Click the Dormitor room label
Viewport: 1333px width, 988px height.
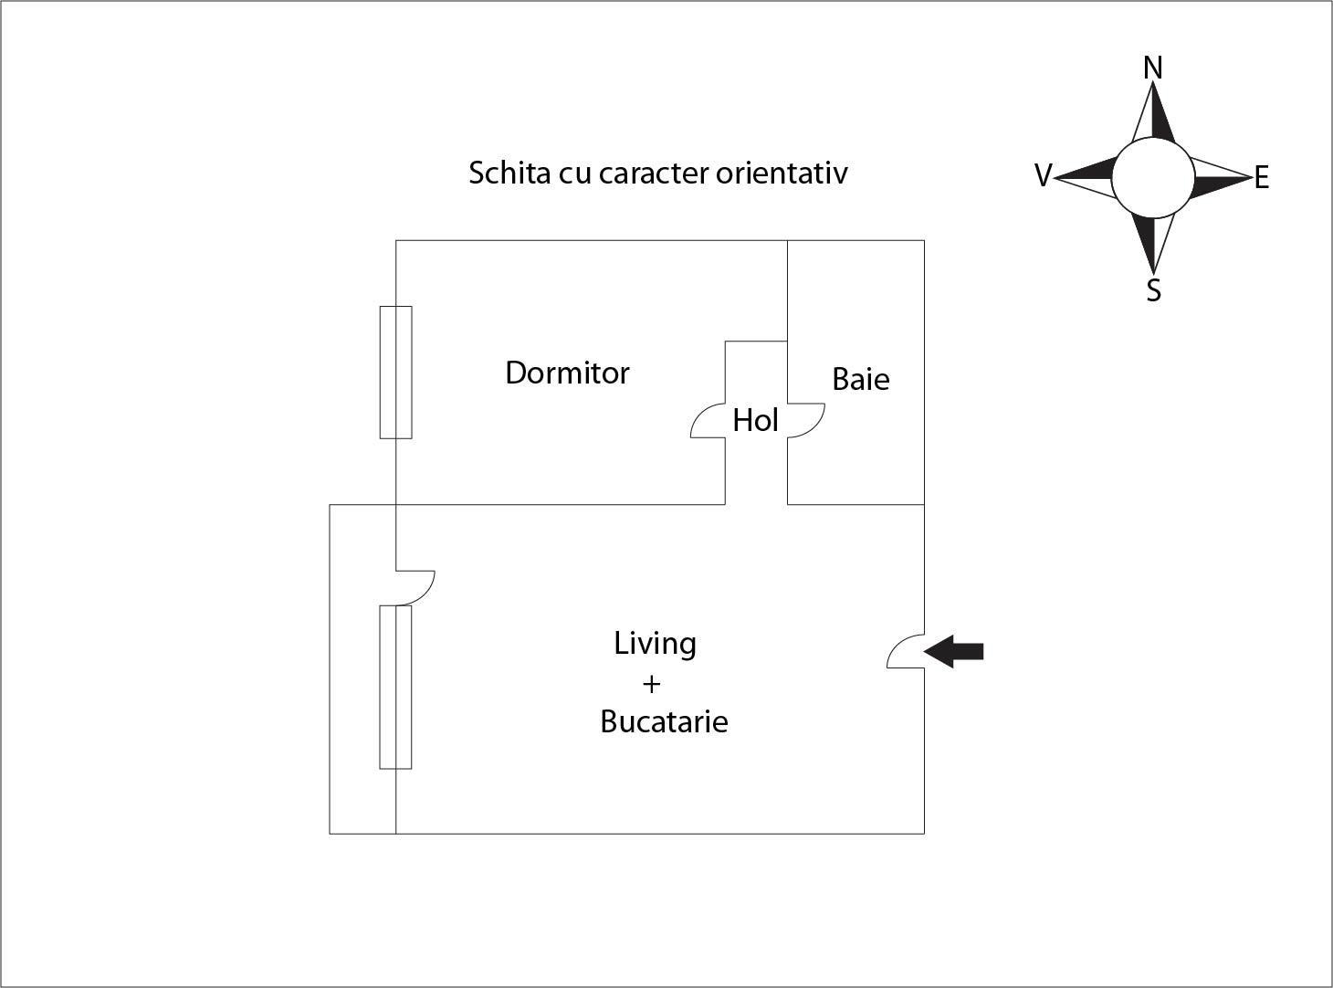pyautogui.click(x=567, y=373)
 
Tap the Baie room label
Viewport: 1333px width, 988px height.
pyautogui.click(x=860, y=379)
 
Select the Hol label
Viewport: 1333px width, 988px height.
pyautogui.click(x=755, y=421)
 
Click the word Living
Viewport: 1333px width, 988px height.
pyautogui.click(x=655, y=644)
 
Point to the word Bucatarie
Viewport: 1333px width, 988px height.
pyautogui.click(x=664, y=722)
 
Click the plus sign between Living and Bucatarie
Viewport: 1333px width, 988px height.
pyautogui.click(x=651, y=684)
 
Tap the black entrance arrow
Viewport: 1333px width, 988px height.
pyautogui.click(x=954, y=651)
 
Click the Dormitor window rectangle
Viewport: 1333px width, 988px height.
pyautogui.click(x=396, y=373)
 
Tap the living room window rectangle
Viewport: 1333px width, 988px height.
pyautogui.click(x=396, y=688)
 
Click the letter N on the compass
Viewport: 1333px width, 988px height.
pyautogui.click(x=1153, y=68)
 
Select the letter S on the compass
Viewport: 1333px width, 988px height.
pyautogui.click(x=1153, y=290)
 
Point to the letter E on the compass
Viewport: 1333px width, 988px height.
pyautogui.click(x=1262, y=178)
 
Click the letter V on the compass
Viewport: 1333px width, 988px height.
pyautogui.click(x=1043, y=175)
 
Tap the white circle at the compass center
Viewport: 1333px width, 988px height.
pyautogui.click(x=1152, y=178)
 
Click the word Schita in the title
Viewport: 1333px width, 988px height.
pyautogui.click(x=501, y=173)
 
